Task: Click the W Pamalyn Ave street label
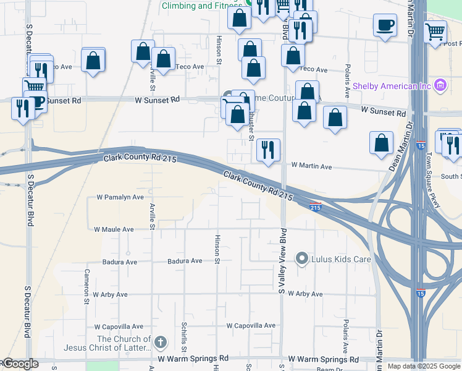[120, 197]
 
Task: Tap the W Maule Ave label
[114, 229]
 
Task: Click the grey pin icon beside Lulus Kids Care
[302, 258]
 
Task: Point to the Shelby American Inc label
[392, 86]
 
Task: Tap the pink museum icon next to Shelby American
[440, 85]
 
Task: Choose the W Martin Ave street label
[311, 167]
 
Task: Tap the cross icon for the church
[161, 342]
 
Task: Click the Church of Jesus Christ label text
[124, 344]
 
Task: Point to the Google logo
[21, 364]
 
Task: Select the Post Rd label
[452, 43]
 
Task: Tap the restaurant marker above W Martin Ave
[268, 150]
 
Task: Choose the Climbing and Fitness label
[201, 6]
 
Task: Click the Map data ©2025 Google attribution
[423, 366]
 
